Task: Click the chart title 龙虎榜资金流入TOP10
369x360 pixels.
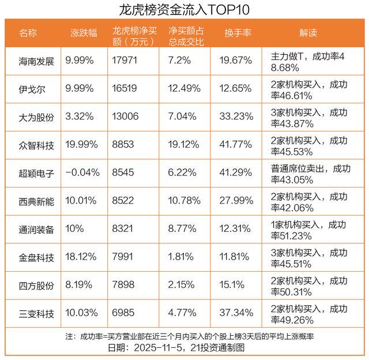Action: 184,9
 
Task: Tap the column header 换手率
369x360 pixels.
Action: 238,33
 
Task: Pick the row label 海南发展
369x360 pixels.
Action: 36,61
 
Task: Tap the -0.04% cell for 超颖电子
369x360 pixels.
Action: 83,172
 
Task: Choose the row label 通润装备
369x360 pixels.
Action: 36,229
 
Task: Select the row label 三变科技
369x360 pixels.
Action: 36,313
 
